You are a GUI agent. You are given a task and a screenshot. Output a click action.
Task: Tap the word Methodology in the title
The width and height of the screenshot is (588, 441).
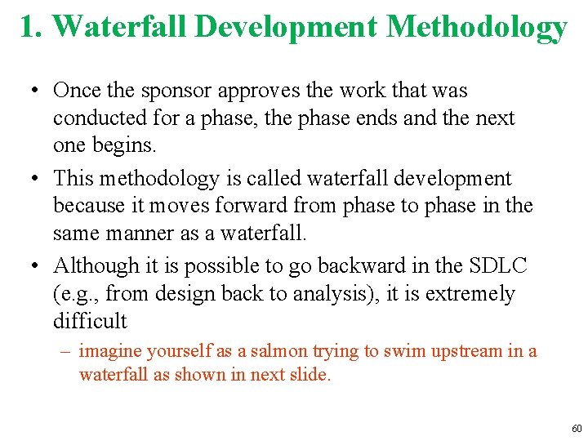tap(476, 27)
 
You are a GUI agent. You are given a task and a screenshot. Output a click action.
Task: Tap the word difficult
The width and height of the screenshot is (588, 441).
tap(90, 321)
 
